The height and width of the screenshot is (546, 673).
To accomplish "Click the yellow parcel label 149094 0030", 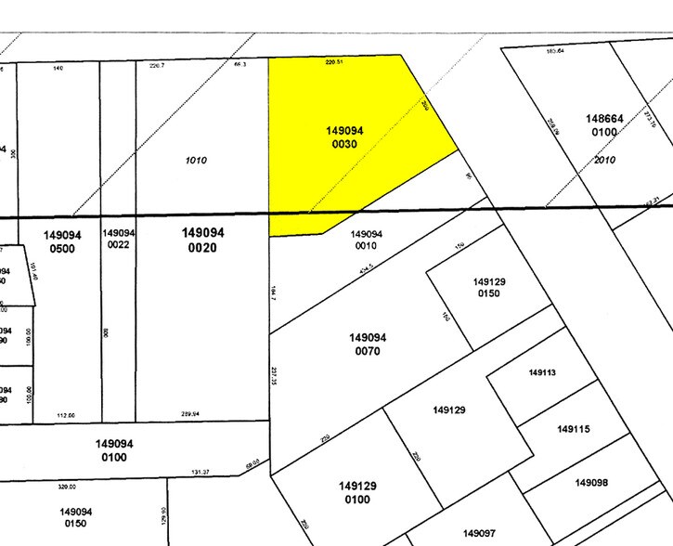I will (x=343, y=137).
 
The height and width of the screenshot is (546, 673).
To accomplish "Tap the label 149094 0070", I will (x=368, y=344).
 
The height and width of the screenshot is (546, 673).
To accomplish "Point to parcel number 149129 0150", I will (x=488, y=288).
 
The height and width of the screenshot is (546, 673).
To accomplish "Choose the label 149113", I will (x=542, y=372).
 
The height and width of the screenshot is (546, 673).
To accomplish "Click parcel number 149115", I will (x=573, y=429).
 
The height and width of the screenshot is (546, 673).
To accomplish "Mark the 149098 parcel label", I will (x=590, y=482).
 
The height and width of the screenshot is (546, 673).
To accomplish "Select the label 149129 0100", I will (x=356, y=492).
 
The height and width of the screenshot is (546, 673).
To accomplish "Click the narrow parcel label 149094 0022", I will (x=119, y=238).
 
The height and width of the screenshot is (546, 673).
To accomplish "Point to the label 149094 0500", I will (x=62, y=241).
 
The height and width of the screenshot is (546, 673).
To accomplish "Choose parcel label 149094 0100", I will (x=114, y=450).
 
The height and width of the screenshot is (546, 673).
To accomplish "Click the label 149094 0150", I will (x=76, y=517).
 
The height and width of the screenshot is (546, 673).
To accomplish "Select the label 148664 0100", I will (x=603, y=125).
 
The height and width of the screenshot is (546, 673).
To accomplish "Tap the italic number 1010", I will (x=195, y=161).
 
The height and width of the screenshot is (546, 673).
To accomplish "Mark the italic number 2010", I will (x=604, y=160).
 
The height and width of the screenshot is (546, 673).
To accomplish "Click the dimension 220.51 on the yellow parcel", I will (x=334, y=62).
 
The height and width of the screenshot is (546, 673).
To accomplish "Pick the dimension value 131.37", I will (x=201, y=473).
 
